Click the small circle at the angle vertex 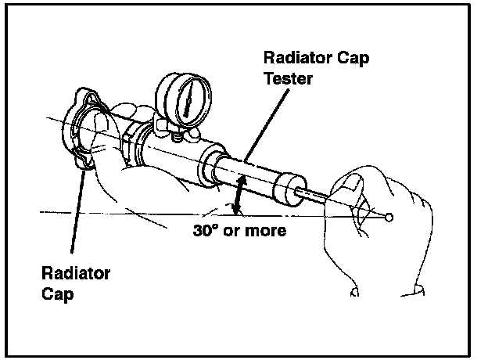pyautogui.click(x=389, y=217)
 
